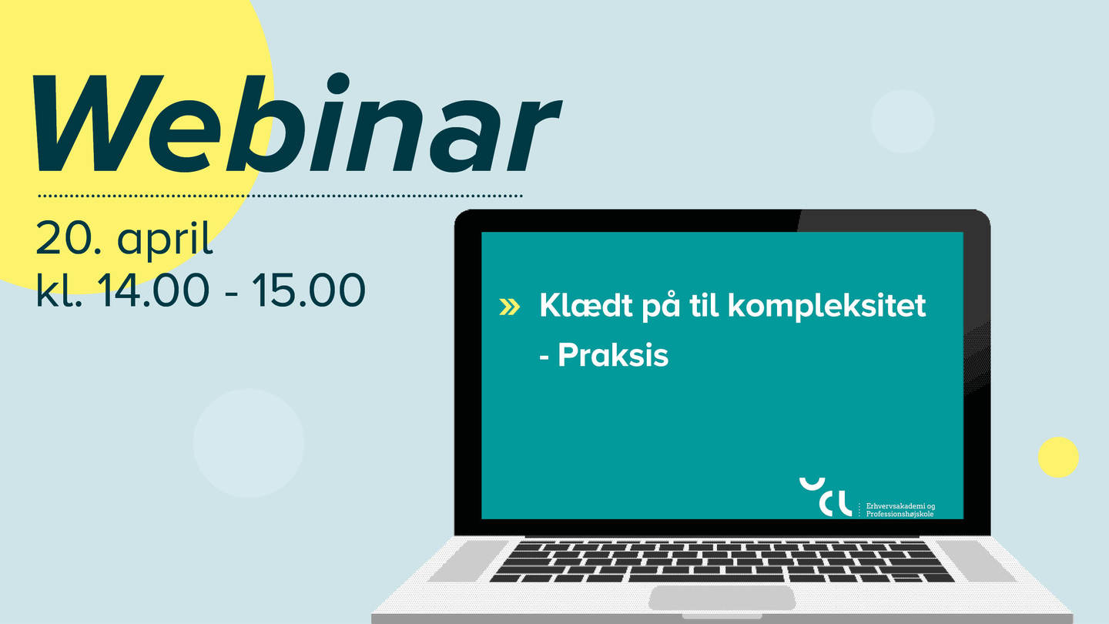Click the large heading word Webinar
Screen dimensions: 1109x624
(297, 124)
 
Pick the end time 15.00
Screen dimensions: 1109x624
(309, 290)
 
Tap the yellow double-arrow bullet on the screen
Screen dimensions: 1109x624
(510, 307)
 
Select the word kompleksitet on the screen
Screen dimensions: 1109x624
(827, 307)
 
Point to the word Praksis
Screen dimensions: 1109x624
(613, 355)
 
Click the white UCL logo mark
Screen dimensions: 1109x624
(826, 497)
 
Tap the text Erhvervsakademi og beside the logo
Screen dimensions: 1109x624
(900, 506)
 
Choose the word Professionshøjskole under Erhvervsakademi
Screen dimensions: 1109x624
(900, 514)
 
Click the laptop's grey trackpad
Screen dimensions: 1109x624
(722, 599)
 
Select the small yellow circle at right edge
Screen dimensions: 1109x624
(1058, 457)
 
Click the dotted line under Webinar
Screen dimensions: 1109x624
(280, 196)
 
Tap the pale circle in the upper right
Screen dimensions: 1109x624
(903, 121)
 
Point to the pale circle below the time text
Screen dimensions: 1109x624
(249, 443)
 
